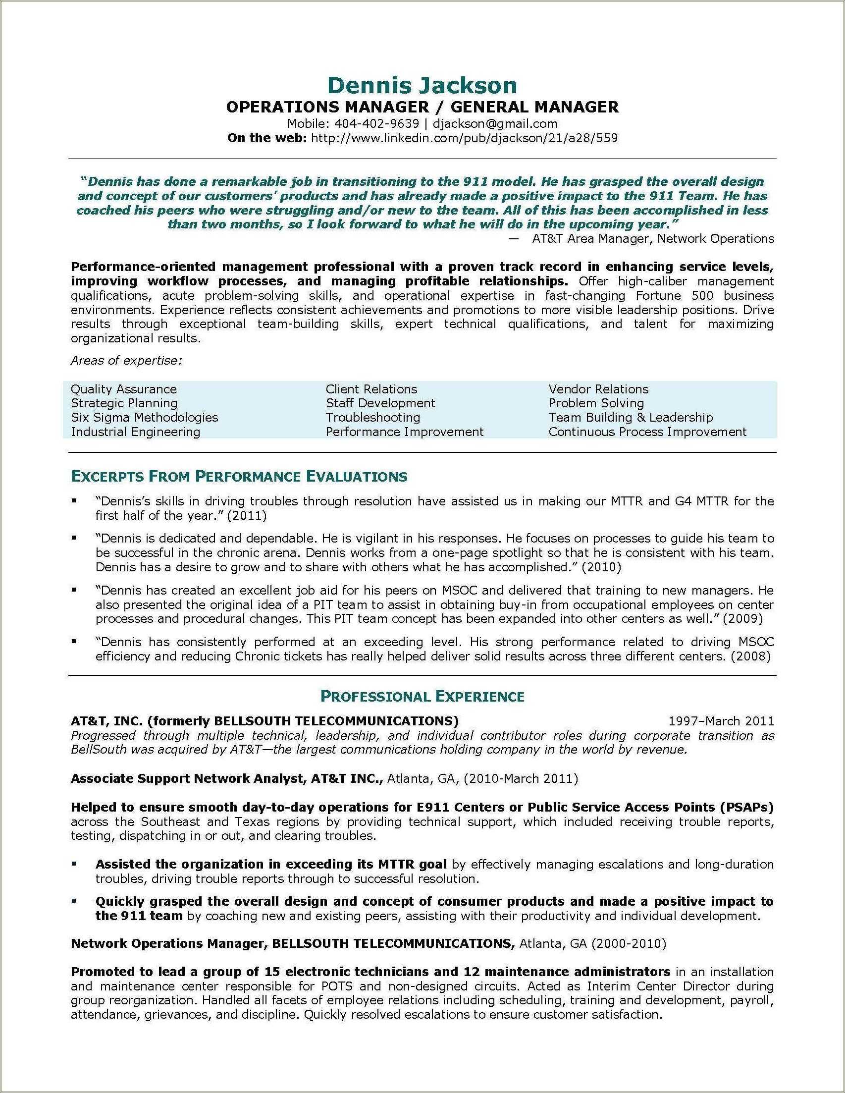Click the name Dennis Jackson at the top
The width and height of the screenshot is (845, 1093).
coord(422,86)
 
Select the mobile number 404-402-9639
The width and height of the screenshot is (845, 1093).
coord(376,123)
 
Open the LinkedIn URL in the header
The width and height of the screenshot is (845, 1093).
coord(464,138)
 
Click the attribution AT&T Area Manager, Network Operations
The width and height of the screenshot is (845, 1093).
coord(652,239)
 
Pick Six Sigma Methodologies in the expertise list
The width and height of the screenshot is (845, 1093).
coord(144,417)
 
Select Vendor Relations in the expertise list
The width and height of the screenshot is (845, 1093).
coord(598,389)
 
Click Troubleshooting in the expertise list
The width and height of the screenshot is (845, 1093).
coord(372,417)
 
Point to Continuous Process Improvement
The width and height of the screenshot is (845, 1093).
coord(647,432)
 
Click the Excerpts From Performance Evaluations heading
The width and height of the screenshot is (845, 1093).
coord(239,477)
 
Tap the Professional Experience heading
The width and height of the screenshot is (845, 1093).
coord(422,697)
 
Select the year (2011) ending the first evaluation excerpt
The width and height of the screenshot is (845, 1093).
coord(247,515)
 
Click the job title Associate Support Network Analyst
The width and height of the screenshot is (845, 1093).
coord(188,779)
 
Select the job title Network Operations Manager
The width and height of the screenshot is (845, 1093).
coord(167,944)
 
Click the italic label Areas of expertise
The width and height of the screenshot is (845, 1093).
coord(126,361)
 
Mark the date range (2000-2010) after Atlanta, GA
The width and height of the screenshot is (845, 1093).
coord(629,944)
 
